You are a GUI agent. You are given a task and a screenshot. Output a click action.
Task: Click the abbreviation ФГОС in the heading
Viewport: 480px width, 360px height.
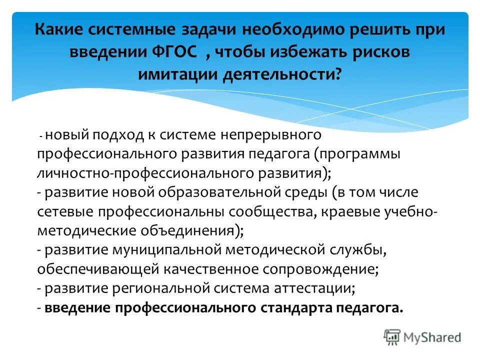click(x=181, y=52)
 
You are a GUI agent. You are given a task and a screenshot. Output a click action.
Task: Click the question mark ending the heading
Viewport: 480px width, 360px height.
click(x=339, y=75)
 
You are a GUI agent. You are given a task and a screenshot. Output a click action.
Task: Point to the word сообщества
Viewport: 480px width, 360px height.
click(x=268, y=211)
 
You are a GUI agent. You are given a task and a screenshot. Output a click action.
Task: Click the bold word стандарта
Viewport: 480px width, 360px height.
click(x=296, y=307)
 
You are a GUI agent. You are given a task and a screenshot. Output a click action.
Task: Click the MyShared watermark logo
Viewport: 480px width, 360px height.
click(x=423, y=336)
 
